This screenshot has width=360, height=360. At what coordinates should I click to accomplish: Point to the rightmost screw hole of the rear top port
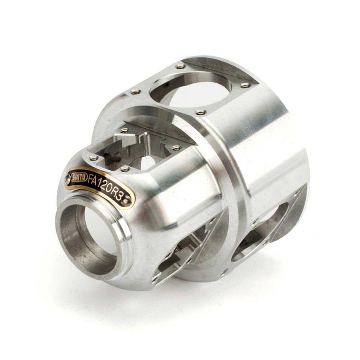tap(245, 85)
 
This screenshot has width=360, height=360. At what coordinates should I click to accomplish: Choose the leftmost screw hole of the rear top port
tap(135, 91)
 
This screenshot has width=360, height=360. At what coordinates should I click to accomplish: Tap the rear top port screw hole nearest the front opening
tap(200, 112)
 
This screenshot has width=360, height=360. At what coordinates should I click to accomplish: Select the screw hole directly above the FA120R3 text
tap(125, 169)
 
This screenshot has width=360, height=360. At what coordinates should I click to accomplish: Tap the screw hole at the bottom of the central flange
tap(223, 272)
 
